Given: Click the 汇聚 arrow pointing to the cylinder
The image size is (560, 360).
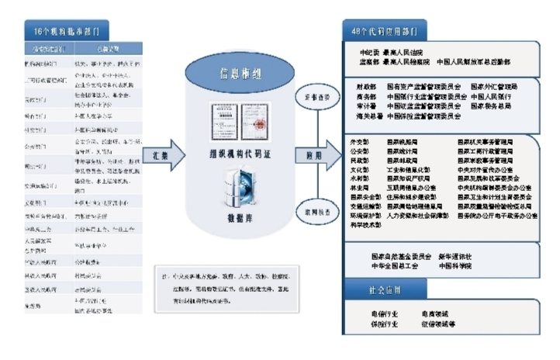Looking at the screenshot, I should coord(161,154).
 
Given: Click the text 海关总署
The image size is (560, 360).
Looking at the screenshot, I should coord(368,116).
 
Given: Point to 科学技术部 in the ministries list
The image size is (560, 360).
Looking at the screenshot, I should coord(365,223).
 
